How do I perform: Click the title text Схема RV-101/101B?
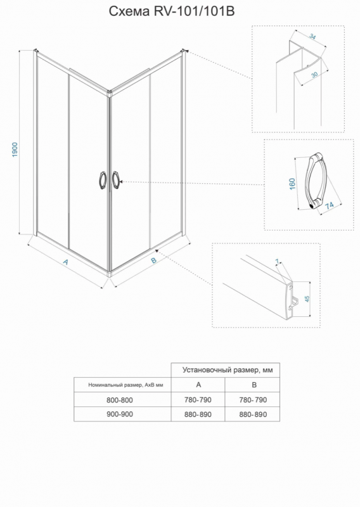171,11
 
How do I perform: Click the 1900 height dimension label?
15,150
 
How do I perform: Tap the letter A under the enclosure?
65,262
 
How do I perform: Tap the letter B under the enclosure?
153,260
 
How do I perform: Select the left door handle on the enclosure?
102,180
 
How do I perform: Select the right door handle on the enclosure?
116,180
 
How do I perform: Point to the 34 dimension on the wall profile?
312,36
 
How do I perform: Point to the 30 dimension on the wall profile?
314,74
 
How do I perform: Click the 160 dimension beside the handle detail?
292,184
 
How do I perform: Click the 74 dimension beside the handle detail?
330,205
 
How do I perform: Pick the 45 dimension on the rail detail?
307,298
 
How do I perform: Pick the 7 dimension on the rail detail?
277,261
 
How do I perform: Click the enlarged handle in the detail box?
312,183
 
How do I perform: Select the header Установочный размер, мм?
228,370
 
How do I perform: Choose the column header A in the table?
198,385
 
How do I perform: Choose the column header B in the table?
254,385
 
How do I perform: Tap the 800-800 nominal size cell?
120,400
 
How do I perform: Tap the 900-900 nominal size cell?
120,414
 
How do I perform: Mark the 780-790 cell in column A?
198,400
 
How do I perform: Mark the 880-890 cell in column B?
254,414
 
